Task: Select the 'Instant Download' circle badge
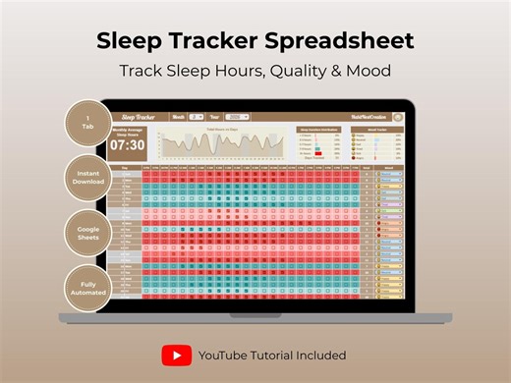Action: [87, 179]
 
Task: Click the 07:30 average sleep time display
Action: [127, 144]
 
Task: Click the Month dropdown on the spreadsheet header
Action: [197, 116]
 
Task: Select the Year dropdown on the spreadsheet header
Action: [240, 116]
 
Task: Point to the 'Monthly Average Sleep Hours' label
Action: [127, 131]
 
